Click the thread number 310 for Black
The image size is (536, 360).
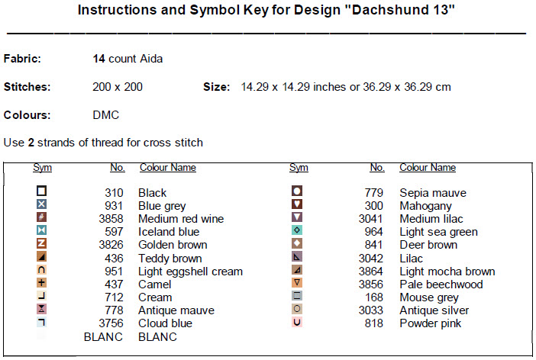coord(113,193)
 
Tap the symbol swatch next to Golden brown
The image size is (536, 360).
coord(42,244)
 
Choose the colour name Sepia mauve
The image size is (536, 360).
coord(433,193)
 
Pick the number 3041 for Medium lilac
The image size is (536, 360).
coord(371,219)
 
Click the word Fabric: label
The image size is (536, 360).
coord(22,59)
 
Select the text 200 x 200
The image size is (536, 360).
coord(117,87)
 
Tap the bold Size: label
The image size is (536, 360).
coord(216,87)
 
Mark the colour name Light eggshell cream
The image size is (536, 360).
coord(190,272)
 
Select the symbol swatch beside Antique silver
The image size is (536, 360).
coord(298,309)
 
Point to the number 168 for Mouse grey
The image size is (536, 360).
coord(374,297)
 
